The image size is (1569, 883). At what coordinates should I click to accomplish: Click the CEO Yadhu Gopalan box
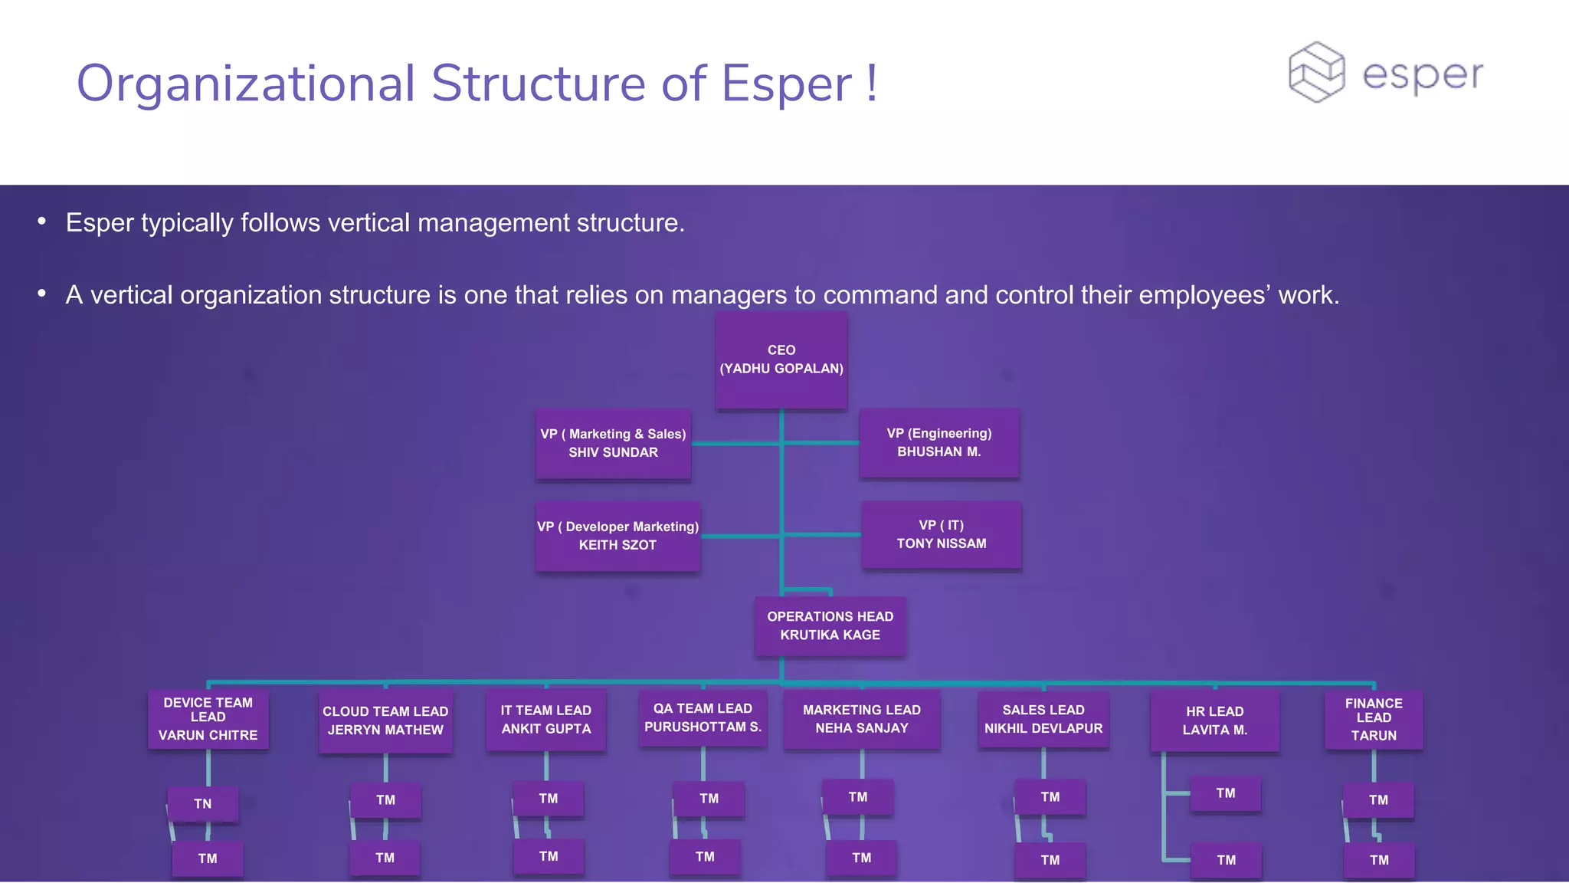point(781,359)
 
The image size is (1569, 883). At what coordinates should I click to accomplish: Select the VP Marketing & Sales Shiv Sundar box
point(613,444)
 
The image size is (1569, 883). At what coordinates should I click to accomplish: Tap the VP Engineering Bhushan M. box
point(939,443)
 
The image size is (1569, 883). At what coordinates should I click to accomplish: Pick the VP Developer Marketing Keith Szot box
point(617,536)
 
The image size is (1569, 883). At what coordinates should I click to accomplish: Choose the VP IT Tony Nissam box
point(942,534)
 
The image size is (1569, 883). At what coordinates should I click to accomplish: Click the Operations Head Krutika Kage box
point(830,625)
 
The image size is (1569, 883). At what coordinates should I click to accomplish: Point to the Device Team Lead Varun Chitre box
point(208,719)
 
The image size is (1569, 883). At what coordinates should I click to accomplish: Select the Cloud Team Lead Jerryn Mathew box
point(385,721)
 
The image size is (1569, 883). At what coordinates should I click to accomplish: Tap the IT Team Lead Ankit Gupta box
point(546,720)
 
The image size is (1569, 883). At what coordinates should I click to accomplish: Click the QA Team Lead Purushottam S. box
point(703,717)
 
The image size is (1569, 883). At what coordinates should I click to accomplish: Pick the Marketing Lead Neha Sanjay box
point(862,719)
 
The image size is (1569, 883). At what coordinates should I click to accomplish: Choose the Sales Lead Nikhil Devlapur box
point(1043,719)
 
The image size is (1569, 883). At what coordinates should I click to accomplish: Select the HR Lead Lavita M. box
point(1214,721)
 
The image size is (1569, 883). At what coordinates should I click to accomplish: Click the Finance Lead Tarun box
point(1374,719)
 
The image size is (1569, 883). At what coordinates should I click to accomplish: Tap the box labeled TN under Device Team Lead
point(202,804)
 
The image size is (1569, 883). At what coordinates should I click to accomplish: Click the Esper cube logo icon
point(1316,72)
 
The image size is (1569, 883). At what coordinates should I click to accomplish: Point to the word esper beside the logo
point(1423,75)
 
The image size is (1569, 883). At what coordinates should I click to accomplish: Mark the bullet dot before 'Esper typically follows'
point(42,222)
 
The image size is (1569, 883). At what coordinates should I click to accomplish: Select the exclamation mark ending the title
point(872,83)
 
